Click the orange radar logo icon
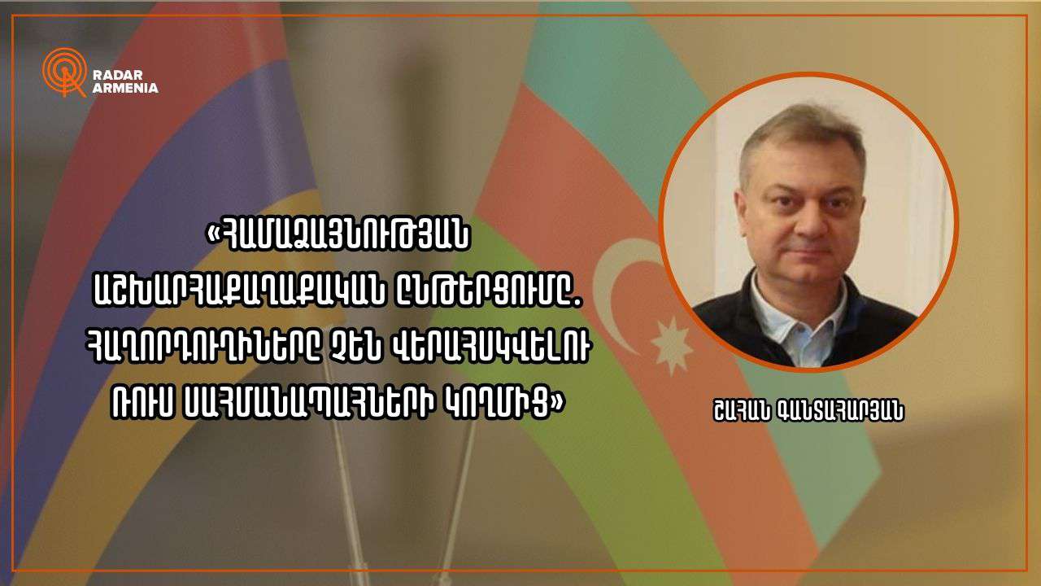click(64, 72)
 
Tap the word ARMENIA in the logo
click(125, 88)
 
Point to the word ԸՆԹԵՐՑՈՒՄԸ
click(486, 293)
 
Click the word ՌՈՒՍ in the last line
click(142, 404)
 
